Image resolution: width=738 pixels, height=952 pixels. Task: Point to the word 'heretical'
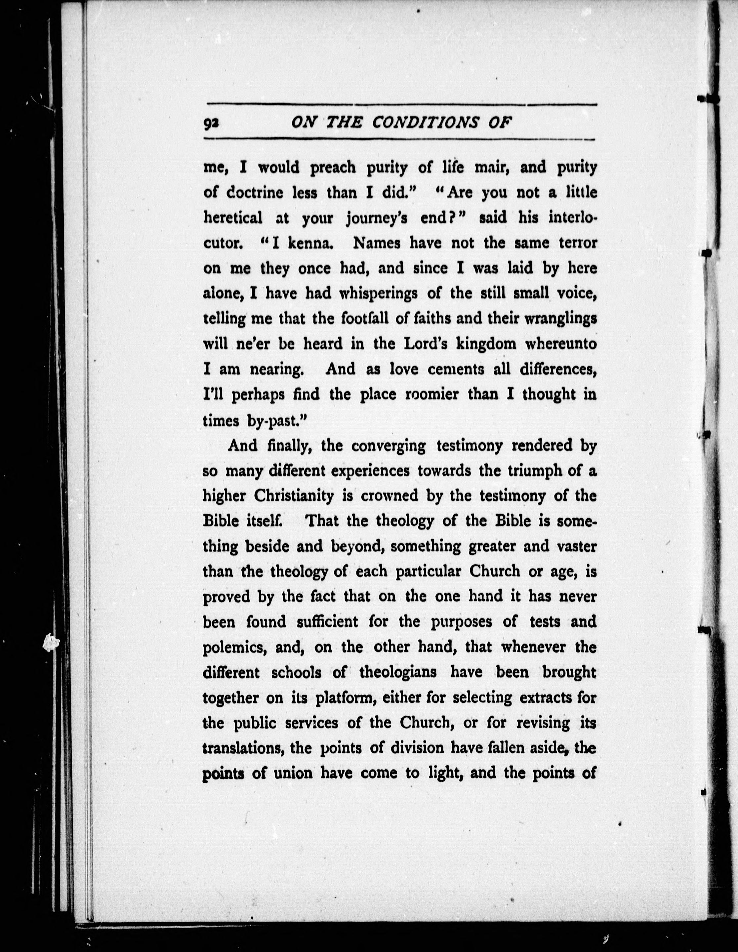pos(233,217)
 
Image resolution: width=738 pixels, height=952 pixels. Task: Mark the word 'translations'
pos(244,748)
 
